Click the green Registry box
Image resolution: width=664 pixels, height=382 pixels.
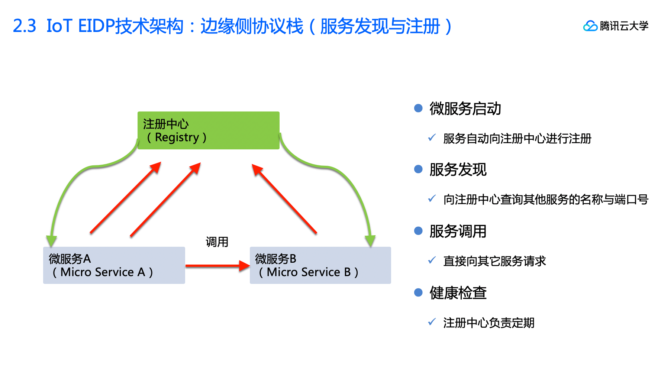point(208,130)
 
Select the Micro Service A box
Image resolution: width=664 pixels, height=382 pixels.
point(114,265)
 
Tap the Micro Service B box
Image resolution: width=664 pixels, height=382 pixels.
point(320,265)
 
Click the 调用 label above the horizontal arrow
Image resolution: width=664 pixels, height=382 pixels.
point(217,242)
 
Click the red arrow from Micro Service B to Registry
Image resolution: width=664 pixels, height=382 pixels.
point(284,199)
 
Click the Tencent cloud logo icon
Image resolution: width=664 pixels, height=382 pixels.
point(590,26)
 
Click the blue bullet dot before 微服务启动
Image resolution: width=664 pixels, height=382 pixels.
point(418,108)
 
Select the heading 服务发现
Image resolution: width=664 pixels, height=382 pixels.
point(458,169)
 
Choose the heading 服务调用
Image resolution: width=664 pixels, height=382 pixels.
point(458,231)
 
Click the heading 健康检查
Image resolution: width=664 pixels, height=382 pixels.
point(458,293)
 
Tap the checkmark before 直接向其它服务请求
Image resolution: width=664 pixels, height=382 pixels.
point(432,260)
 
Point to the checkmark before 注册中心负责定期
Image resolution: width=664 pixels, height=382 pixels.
point(432,322)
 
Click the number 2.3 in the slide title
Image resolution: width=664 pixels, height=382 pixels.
point(25,26)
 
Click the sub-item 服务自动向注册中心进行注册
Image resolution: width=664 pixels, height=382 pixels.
point(517,139)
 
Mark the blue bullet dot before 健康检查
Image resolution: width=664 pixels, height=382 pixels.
point(418,292)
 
